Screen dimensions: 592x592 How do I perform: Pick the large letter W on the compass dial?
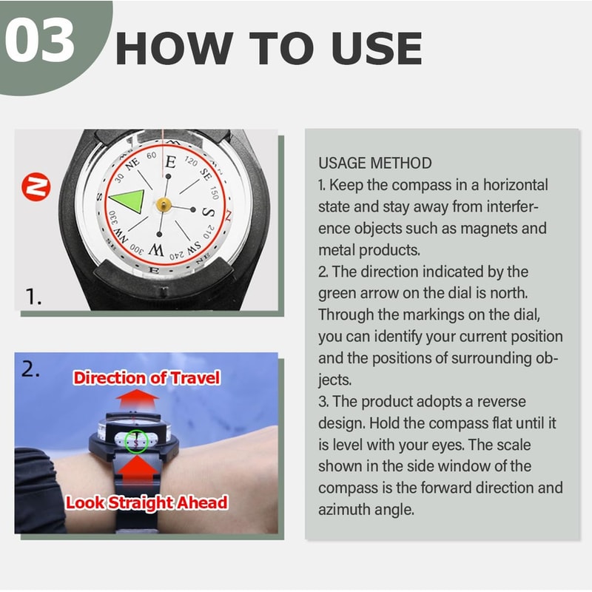[x=156, y=249]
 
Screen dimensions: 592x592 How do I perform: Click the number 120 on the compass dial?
[x=190, y=161]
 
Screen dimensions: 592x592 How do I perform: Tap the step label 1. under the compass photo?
[x=34, y=297]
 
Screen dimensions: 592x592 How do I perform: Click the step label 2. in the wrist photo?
[x=30, y=370]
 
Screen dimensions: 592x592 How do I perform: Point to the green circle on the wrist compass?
[x=137, y=441]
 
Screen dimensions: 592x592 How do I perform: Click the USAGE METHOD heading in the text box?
[x=374, y=163]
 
